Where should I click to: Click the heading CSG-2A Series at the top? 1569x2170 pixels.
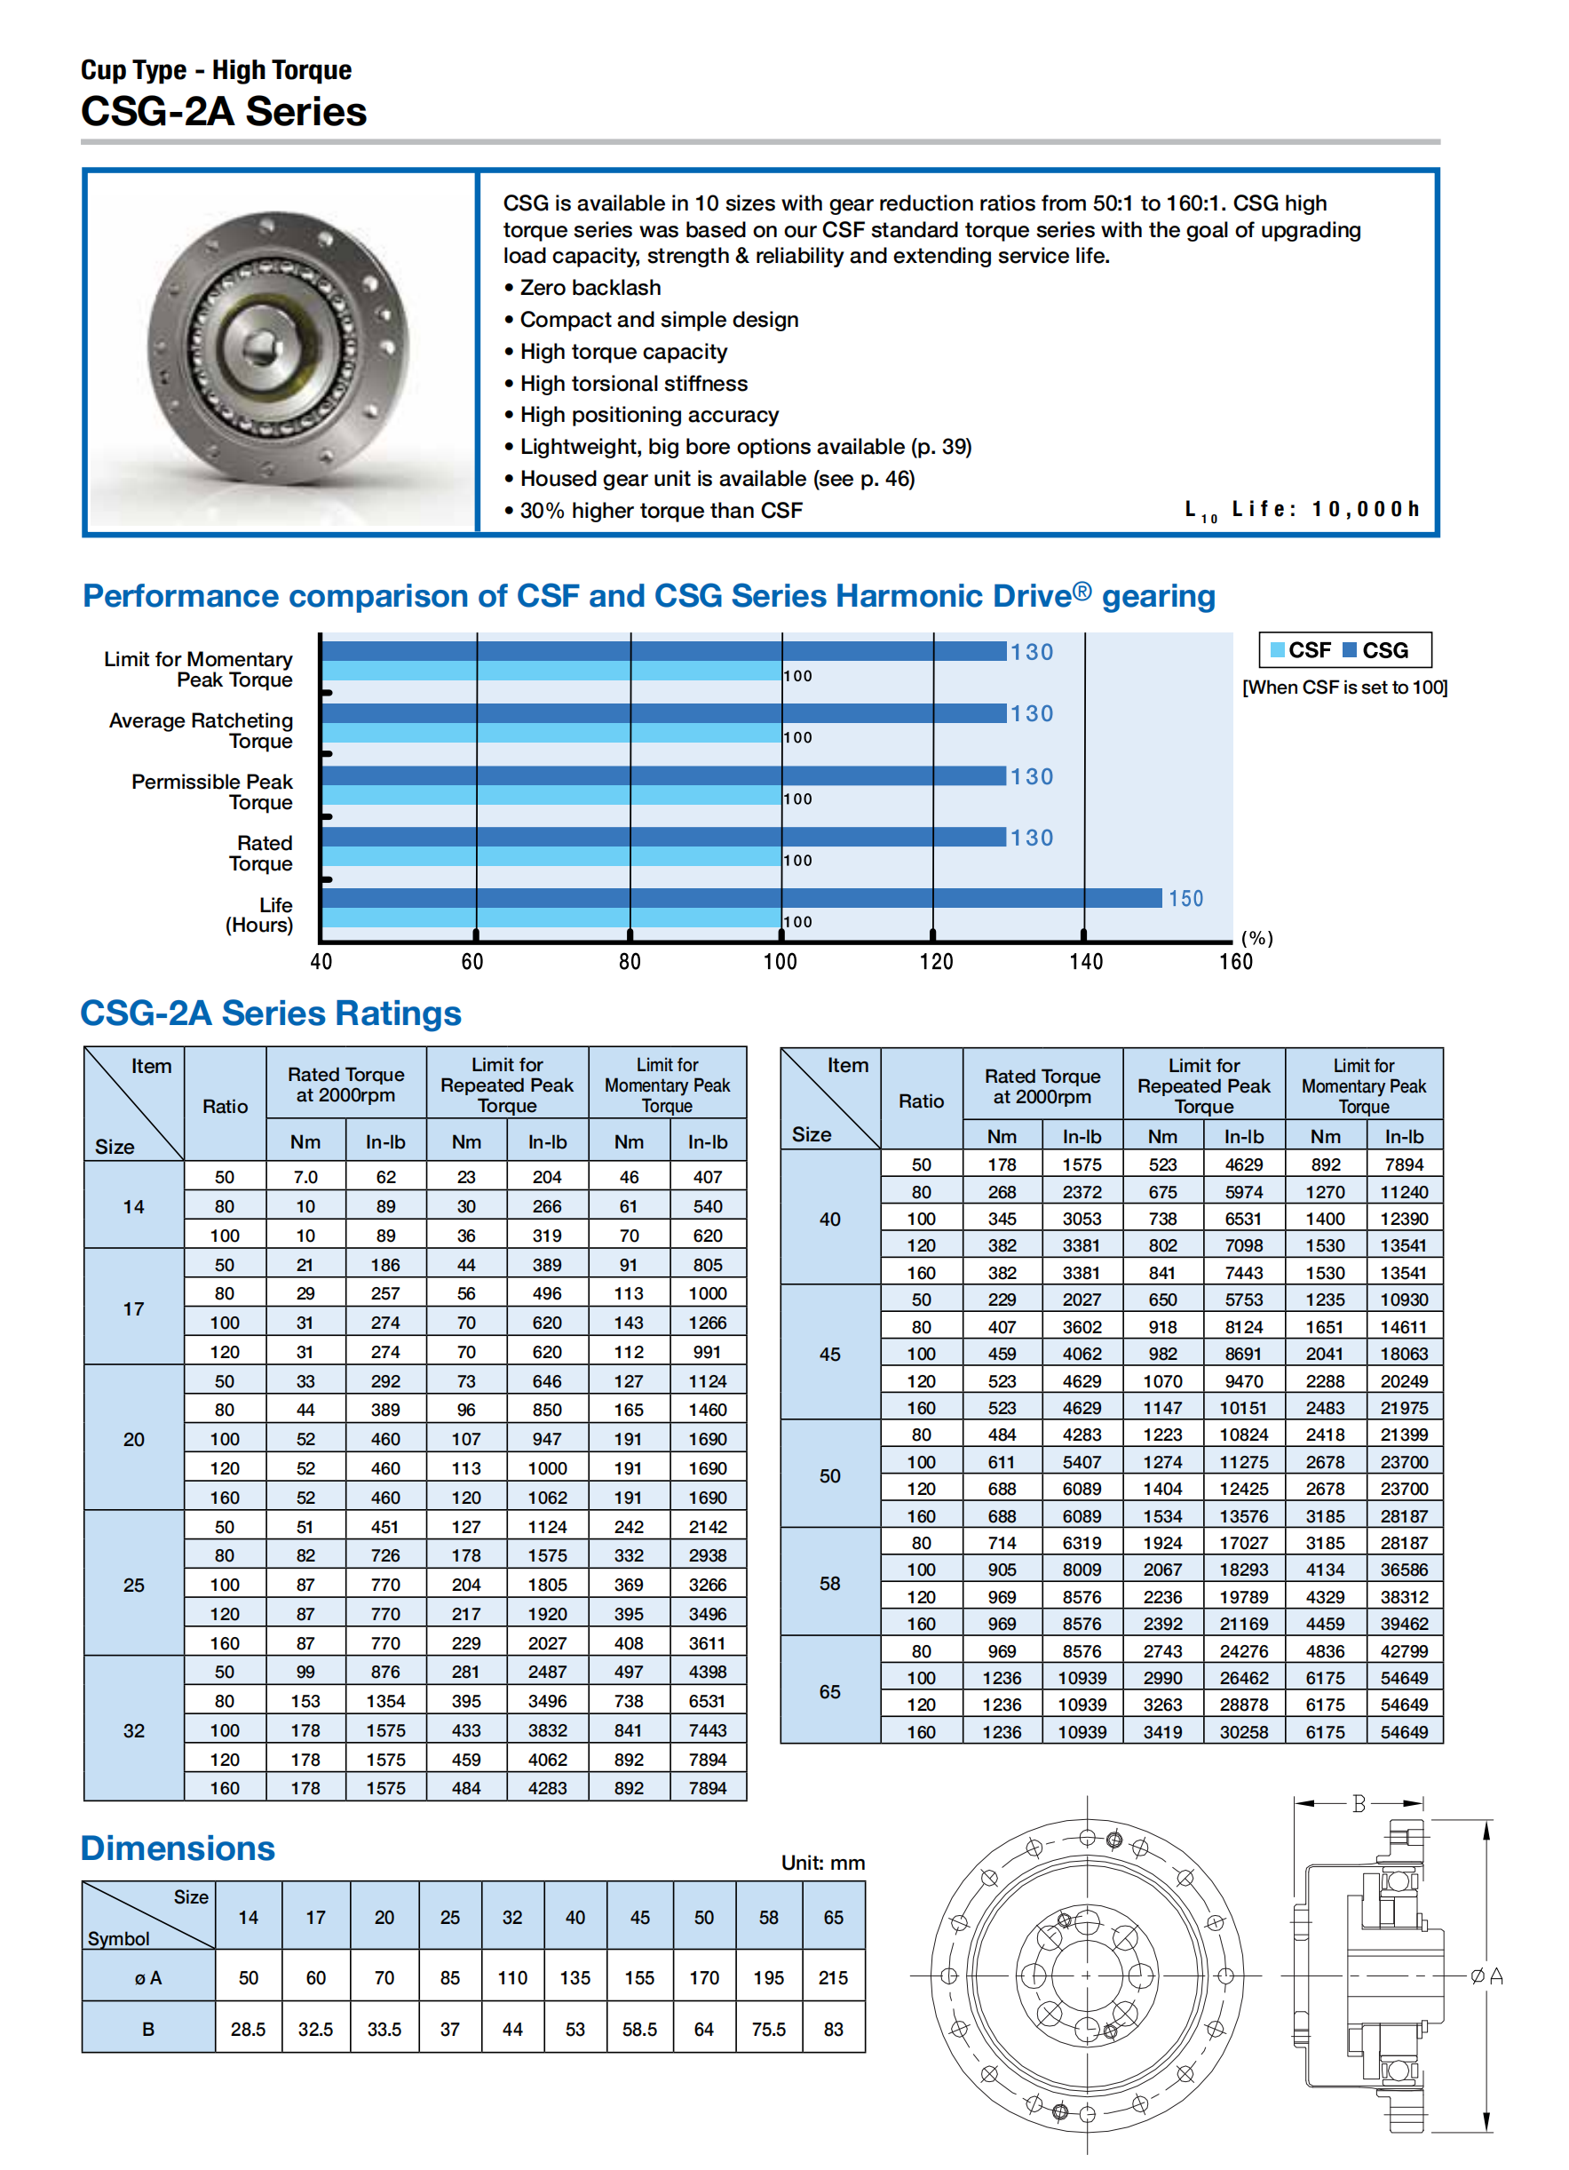pyautogui.click(x=223, y=112)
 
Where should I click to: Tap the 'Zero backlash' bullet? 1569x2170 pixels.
pyautogui.click(x=590, y=288)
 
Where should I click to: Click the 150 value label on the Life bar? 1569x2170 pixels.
pyautogui.click(x=1185, y=898)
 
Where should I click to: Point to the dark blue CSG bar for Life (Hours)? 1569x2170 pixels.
pyautogui.click(x=741, y=897)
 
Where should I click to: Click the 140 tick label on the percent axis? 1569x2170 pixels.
pyautogui.click(x=1086, y=962)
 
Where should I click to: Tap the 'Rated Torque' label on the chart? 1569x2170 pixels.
pyautogui.click(x=261, y=854)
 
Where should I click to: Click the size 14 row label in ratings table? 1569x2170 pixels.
pyautogui.click(x=134, y=1206)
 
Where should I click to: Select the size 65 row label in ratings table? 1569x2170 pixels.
pyautogui.click(x=829, y=1691)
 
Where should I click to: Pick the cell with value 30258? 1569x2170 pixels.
pyautogui.click(x=1243, y=1732)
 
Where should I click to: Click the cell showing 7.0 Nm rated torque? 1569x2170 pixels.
pyautogui.click(x=305, y=1177)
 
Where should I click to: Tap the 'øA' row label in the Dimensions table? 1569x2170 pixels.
pyautogui.click(x=148, y=1977)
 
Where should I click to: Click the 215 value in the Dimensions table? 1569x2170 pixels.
pyautogui.click(x=832, y=1977)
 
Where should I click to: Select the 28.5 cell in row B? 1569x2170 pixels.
pyautogui.click(x=248, y=2029)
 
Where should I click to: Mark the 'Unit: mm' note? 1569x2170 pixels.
pyautogui.click(x=822, y=1863)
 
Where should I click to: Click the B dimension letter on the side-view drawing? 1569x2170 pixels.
pyautogui.click(x=1358, y=1803)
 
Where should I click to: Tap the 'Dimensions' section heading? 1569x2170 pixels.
pyautogui.click(x=178, y=1848)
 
